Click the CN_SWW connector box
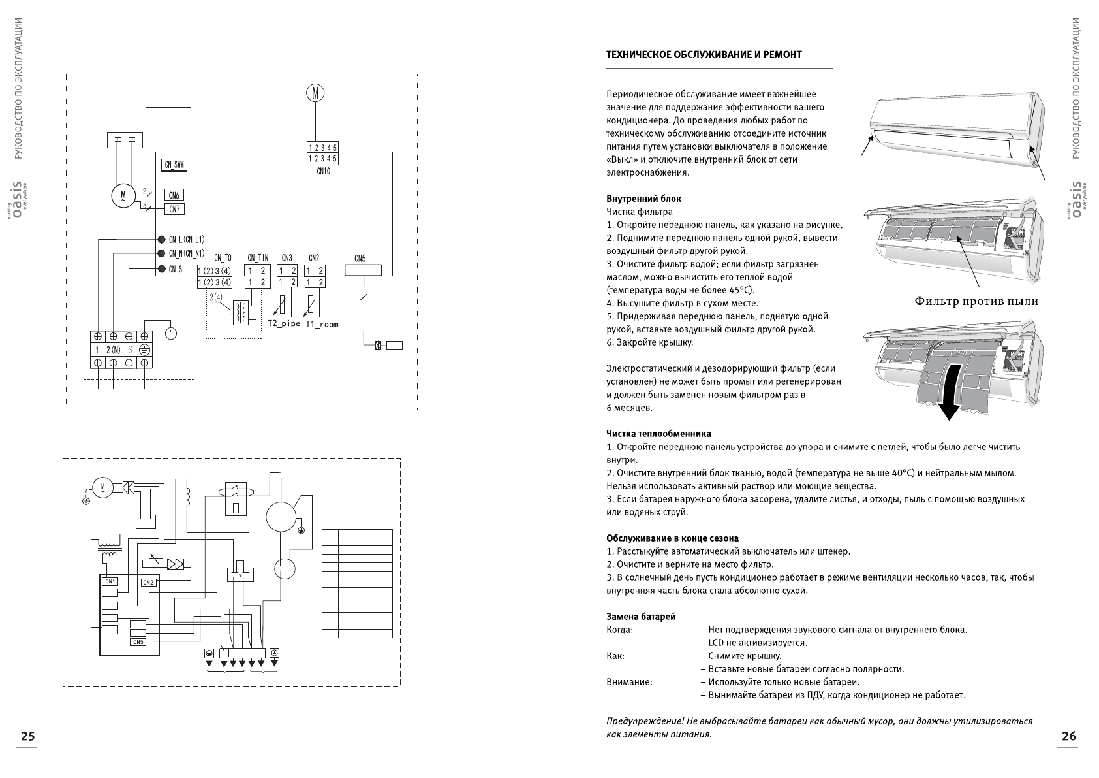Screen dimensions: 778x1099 (174, 165)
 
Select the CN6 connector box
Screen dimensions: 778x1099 (174, 195)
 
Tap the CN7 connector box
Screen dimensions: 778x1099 (174, 209)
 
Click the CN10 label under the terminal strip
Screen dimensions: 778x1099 (323, 172)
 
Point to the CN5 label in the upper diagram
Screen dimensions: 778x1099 (360, 259)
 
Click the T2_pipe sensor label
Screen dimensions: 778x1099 (284, 324)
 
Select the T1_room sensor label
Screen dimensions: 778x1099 (322, 324)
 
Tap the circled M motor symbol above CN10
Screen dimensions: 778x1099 (315, 93)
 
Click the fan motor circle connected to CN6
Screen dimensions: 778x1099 (122, 195)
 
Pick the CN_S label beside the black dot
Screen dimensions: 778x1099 (176, 269)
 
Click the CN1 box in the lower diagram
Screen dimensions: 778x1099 (110, 581)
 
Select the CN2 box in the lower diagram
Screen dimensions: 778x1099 (148, 582)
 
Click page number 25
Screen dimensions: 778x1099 (27, 736)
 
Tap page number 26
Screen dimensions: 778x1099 (1068, 736)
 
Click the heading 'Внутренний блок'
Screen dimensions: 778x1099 (644, 199)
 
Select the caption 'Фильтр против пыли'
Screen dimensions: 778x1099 (976, 301)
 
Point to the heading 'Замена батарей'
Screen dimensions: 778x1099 (641, 617)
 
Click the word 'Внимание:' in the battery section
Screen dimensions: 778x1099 (629, 682)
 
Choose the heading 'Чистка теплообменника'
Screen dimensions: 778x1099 (658, 434)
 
